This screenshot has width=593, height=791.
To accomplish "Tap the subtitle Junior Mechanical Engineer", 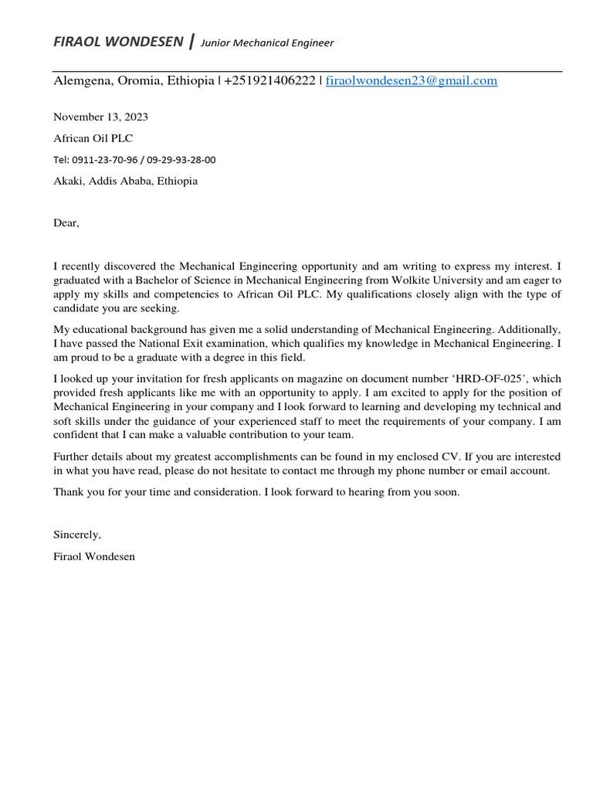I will coord(267,43).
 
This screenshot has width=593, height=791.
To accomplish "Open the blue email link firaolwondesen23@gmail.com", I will coord(412,80).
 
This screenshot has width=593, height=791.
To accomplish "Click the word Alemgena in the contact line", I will coord(80,80).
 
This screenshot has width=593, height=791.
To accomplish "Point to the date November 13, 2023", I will coord(100,117).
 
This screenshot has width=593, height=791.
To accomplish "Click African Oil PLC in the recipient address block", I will coord(93,138).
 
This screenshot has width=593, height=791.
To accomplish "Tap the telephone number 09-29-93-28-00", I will coord(182,160).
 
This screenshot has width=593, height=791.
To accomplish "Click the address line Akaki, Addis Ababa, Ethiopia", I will coord(125,181).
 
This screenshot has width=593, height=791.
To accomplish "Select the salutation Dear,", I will coord(66,223).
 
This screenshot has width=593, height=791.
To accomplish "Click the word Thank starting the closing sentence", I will coord(68,492).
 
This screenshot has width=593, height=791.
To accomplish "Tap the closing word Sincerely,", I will coord(77,535).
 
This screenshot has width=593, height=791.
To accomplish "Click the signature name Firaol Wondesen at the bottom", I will coord(93,556).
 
